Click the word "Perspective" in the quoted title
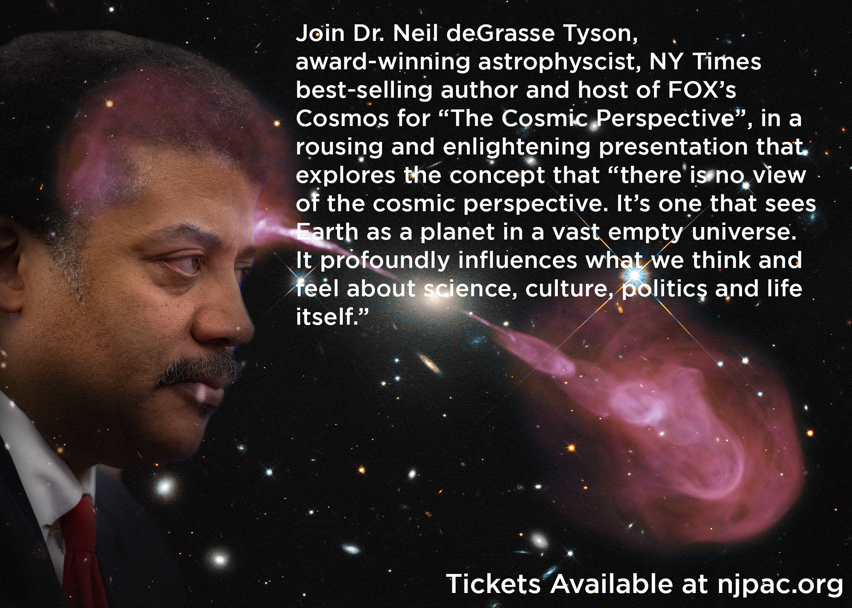point(664,119)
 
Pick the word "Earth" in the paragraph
point(327,232)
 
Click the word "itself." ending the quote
point(332,317)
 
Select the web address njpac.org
point(780,584)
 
